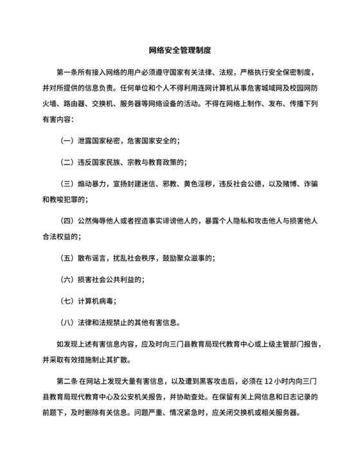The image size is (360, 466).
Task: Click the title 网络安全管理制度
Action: point(180,49)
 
